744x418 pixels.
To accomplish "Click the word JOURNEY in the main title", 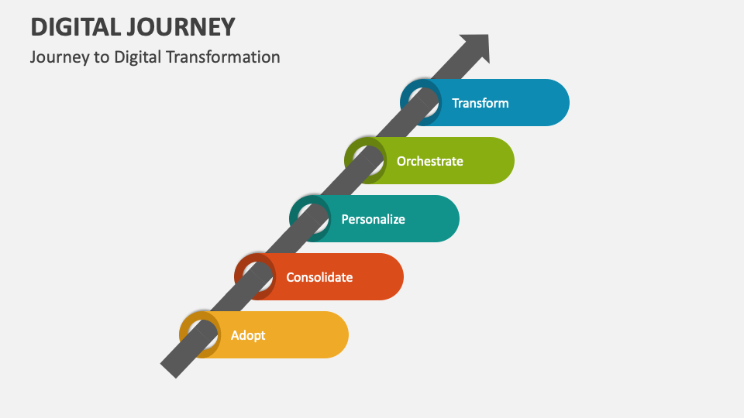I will (185, 27).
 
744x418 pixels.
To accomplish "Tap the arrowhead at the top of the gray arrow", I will (475, 47).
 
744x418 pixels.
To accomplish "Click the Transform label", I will (480, 103).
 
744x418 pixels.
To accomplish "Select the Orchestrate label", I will (429, 161).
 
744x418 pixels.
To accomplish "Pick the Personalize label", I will (373, 219).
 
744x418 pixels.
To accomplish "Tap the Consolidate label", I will (319, 277).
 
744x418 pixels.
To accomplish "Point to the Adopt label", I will (248, 335).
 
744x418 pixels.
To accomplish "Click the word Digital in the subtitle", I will (136, 57).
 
